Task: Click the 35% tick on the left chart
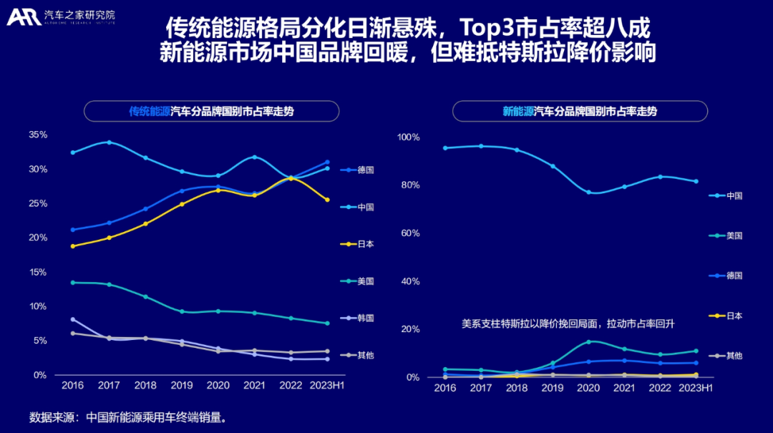38,135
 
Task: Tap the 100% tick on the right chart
409,137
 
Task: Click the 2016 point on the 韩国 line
72,319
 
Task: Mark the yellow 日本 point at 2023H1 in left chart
327,200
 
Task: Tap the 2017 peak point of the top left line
109,142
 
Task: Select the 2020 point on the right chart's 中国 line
588,193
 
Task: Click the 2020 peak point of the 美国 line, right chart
588,342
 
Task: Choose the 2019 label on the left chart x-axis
182,385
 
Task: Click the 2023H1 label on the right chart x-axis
696,387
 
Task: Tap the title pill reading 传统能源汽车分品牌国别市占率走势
211,112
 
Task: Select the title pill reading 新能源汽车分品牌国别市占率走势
580,112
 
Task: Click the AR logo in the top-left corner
23,16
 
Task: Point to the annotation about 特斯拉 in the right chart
568,324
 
